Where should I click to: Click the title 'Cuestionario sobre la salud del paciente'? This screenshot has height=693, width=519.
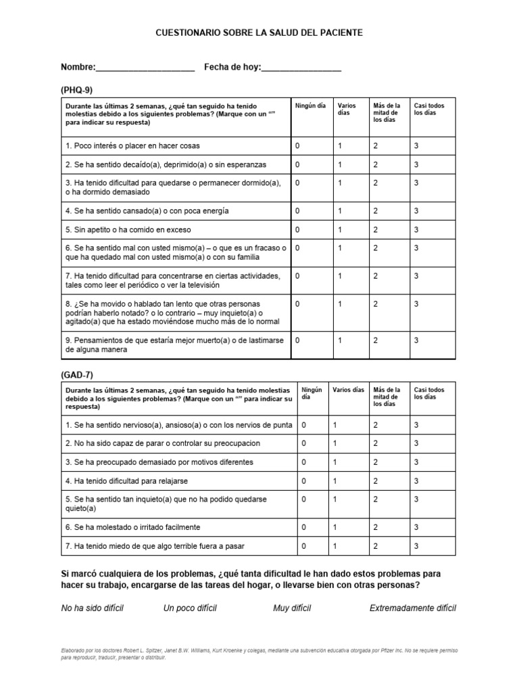259,32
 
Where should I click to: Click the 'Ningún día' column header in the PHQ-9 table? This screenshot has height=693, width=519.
311,106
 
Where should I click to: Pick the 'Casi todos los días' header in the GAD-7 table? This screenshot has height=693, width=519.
429,393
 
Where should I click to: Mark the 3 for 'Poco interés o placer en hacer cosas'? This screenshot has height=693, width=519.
417,146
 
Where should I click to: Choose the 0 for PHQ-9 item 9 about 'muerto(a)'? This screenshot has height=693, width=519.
297,340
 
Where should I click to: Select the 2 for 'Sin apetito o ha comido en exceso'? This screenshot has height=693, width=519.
376,229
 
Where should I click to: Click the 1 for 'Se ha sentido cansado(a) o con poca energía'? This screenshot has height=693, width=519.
340,210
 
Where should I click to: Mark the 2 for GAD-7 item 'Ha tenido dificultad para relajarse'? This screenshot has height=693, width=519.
376,480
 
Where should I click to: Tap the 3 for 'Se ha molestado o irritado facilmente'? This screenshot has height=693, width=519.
417,527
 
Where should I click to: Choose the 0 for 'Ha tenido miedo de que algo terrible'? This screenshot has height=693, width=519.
304,545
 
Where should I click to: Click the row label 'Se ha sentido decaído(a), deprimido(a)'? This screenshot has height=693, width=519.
166,164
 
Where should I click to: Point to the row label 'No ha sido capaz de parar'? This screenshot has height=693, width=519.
162,443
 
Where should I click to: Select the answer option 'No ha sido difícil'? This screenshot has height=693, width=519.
93,608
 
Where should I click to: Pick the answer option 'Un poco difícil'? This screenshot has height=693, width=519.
190,608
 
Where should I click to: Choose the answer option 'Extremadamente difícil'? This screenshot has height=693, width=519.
413,608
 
